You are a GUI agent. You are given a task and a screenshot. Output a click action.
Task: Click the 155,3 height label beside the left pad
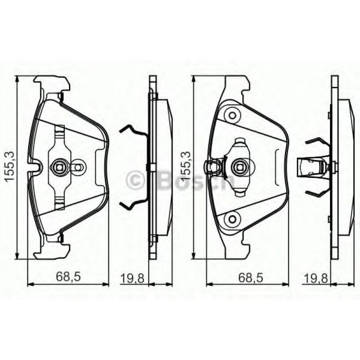[x=9, y=167]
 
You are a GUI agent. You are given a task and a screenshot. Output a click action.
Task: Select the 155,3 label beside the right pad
[x=186, y=167]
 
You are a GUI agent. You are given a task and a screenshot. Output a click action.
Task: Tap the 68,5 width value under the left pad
[x=68, y=278]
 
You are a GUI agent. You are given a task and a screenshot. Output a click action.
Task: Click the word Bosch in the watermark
[x=194, y=180]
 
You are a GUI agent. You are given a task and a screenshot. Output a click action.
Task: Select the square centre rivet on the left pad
[x=59, y=167]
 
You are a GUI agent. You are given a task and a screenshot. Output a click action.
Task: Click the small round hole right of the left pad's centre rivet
[x=77, y=167]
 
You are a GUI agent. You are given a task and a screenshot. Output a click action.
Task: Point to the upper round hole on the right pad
[x=232, y=115]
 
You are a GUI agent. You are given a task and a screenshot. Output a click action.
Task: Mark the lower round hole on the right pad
[x=232, y=219]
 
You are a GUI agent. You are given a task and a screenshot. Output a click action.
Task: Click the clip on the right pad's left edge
[x=212, y=167]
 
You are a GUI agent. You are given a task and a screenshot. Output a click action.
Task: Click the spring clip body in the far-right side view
[x=313, y=167]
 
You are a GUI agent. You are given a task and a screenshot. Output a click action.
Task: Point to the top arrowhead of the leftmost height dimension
[x=17, y=79]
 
